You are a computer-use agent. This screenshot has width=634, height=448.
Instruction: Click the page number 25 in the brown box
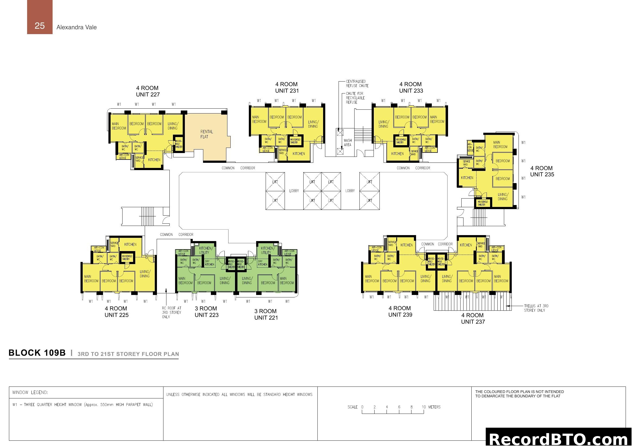(x=40, y=26)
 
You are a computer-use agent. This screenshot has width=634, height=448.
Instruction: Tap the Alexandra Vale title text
(x=76, y=27)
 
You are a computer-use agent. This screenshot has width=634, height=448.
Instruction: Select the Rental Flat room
(x=206, y=134)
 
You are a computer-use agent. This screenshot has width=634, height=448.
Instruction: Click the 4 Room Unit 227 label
(x=148, y=91)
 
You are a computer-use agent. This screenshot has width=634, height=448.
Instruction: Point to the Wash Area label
(x=348, y=143)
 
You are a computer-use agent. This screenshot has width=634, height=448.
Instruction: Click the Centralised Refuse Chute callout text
(x=357, y=84)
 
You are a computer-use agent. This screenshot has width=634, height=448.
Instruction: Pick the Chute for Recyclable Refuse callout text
(x=355, y=98)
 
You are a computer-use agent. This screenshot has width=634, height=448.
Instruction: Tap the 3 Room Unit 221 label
(x=266, y=314)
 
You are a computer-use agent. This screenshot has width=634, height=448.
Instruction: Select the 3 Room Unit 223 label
(x=206, y=312)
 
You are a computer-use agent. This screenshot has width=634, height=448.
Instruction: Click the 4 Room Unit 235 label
(x=542, y=171)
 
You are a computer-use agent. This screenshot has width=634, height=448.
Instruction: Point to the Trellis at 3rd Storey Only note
(x=536, y=308)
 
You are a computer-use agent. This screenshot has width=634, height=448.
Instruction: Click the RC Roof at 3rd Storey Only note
(x=172, y=313)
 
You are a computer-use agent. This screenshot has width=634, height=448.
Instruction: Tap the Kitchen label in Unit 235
(x=467, y=178)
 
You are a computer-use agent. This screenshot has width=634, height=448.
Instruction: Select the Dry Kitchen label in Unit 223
(x=209, y=263)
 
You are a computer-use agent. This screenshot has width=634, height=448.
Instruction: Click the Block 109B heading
(x=37, y=353)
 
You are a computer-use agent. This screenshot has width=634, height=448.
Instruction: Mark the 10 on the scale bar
(x=424, y=407)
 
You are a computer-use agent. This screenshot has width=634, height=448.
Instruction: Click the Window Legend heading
(x=30, y=392)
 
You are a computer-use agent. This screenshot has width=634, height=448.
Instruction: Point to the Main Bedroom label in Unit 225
(x=91, y=279)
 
